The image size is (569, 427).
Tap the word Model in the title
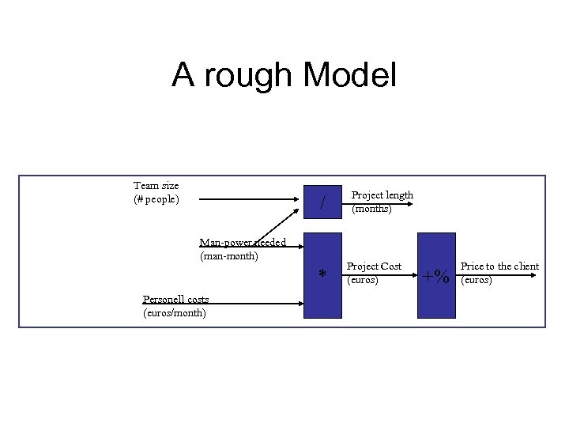coord(349,76)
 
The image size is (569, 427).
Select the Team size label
coord(156,186)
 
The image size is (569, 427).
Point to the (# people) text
coord(156,198)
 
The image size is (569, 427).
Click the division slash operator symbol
coord(322,204)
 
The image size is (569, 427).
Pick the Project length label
coord(382,195)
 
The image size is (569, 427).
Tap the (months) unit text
coord(371,209)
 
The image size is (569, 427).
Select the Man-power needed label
coord(243,242)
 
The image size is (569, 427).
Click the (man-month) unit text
coord(229,255)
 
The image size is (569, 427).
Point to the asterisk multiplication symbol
coord(322,275)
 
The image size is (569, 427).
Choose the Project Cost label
coord(374,266)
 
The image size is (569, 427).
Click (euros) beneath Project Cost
coord(363,280)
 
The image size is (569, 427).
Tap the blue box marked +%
coord(436,275)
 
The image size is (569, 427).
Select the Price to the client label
coord(499,266)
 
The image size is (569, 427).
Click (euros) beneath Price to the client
coord(477,280)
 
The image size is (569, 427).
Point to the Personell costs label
coord(175,299)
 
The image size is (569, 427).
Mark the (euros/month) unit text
coord(175,312)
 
